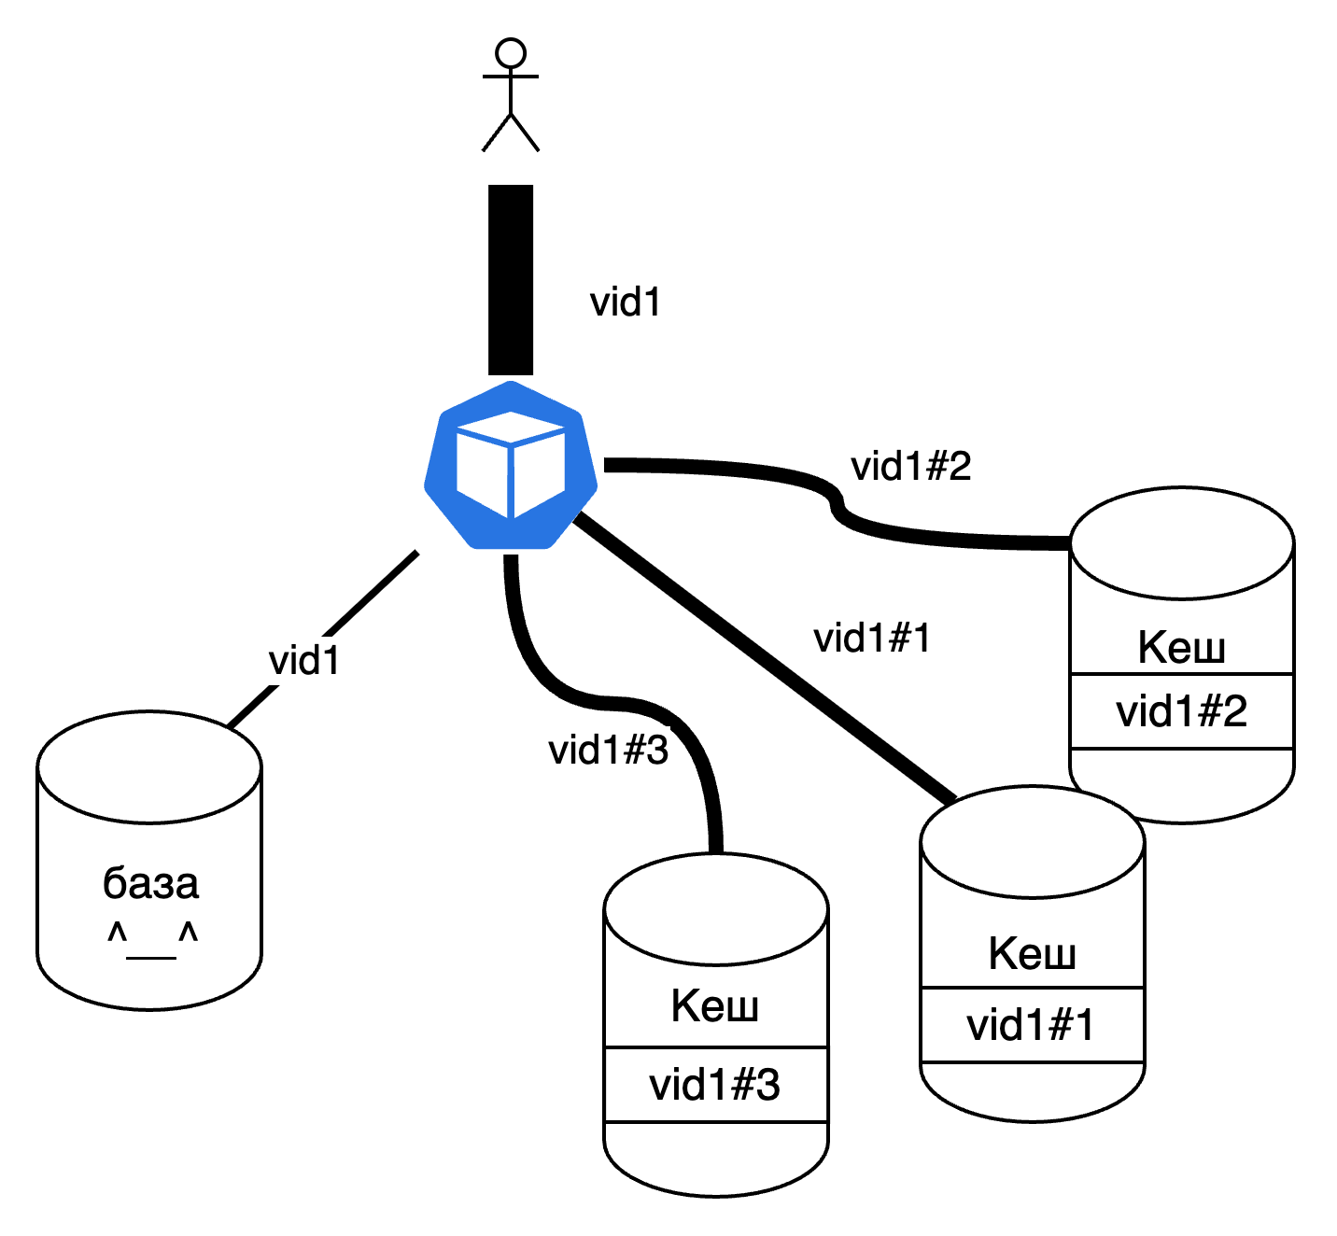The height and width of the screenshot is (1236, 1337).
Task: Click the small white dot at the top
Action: [x=511, y=53]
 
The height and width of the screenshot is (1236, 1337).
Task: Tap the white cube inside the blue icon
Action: [x=511, y=465]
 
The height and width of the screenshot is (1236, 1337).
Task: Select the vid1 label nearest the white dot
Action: [x=626, y=302]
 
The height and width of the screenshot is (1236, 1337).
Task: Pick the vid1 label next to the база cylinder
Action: [x=306, y=661]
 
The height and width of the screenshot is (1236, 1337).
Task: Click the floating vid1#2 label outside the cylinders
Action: [x=911, y=466]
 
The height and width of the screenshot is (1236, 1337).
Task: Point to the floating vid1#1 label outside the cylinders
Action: [x=874, y=639]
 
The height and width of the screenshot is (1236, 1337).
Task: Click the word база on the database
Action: [x=150, y=883]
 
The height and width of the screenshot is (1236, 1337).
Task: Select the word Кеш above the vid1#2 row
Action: [x=1181, y=647]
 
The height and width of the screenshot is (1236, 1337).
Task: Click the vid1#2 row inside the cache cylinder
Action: [x=1182, y=711]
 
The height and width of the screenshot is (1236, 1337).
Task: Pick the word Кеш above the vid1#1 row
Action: [x=1032, y=953]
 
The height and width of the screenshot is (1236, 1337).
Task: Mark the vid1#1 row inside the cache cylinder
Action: [x=1031, y=1025]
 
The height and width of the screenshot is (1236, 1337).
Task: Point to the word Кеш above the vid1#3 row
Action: [x=715, y=1005]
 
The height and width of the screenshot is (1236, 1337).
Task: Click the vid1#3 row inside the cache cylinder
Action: [x=715, y=1085]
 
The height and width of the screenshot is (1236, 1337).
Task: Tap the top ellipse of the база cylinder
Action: [x=149, y=768]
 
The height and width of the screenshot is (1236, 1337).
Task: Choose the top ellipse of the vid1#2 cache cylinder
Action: [x=1182, y=543]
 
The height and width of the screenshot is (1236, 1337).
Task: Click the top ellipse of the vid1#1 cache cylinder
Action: [x=1033, y=843]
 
